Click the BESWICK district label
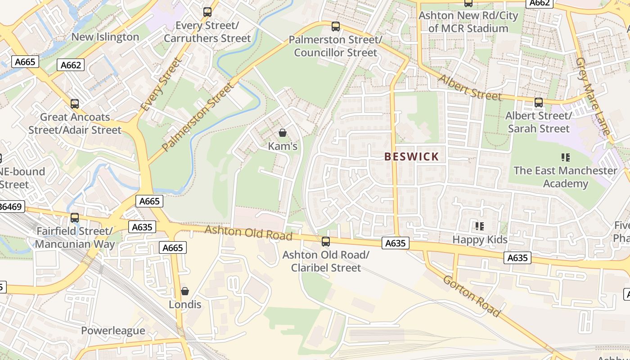pos(411,157)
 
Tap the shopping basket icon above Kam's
pos(283,133)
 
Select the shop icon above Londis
pos(184,291)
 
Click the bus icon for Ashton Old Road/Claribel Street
pos(326,242)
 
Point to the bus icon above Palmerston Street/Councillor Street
pos(335,26)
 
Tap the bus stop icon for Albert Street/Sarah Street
pos(538,103)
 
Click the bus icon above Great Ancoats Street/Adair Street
pos(75,104)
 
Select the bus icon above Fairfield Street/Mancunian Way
pos(75,218)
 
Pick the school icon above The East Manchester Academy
pos(566,157)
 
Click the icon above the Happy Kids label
pos(480,226)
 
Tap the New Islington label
pos(105,37)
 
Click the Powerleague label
pos(113,331)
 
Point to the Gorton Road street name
pos(471,296)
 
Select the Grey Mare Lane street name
pos(593,96)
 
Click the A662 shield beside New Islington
pos(71,65)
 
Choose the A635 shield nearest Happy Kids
pos(517,258)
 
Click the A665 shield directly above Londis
pos(173,247)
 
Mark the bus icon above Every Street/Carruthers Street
pos(207,12)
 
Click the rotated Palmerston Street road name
pos(198,117)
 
